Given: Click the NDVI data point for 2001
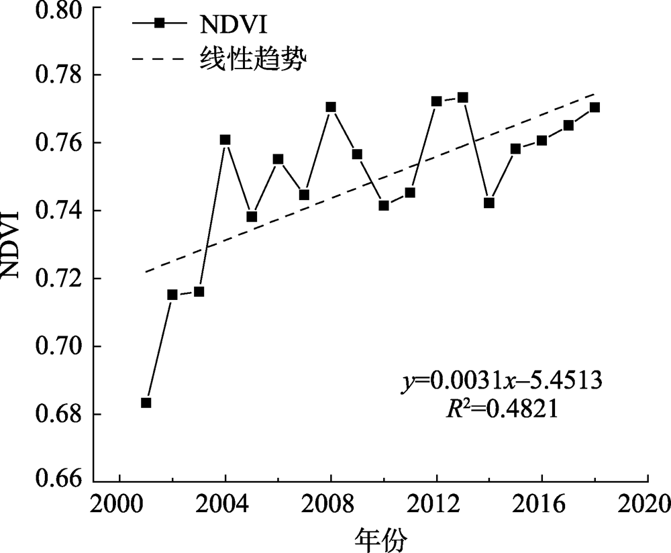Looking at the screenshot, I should tap(146, 403).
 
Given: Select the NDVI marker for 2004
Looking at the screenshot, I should tap(225, 140).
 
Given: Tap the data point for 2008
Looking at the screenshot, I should tap(331, 107).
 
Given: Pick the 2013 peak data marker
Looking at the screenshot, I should tap(462, 97).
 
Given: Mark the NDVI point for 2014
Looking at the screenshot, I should tap(489, 203).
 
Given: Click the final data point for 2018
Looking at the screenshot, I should tap(595, 107).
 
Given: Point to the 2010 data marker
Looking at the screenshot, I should tap(384, 205).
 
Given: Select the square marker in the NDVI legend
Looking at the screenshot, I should tap(159, 23).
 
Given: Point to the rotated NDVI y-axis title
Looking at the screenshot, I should tap(15, 245).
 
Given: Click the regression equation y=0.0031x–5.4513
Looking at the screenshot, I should tap(502, 381).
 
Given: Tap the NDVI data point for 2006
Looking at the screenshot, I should tap(278, 159).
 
